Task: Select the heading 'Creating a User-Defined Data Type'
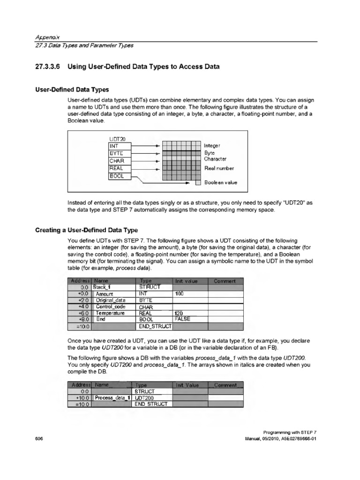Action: tap(87, 230)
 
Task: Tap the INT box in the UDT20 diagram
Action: tap(120, 146)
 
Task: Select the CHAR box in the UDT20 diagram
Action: tap(120, 161)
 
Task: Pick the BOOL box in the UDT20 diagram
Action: tap(120, 176)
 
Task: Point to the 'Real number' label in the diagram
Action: tap(219, 168)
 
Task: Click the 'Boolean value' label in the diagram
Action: tap(221, 183)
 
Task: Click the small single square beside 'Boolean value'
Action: tap(198, 183)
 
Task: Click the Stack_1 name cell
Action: tap(104, 287)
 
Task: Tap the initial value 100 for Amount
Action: tap(179, 293)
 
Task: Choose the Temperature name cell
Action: tap(111, 313)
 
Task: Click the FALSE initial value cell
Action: tap(182, 319)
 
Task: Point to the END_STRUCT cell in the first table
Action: tap(154, 325)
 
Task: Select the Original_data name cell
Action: tap(111, 300)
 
